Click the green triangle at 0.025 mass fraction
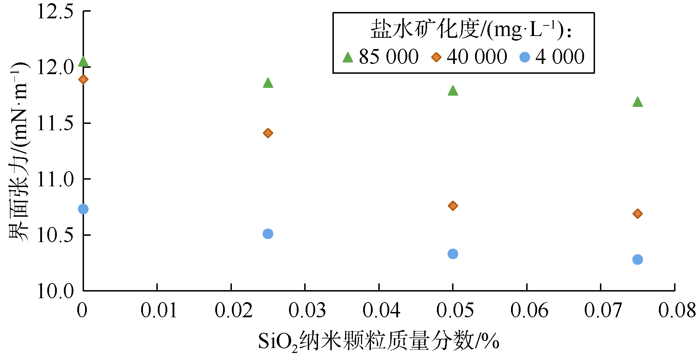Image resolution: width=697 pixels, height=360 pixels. (268, 83)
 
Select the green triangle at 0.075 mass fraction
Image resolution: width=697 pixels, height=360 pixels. (637, 102)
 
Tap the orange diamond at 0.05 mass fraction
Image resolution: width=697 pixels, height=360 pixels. (453, 206)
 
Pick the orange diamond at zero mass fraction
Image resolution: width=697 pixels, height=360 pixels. (83, 79)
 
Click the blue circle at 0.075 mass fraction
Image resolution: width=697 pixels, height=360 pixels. (637, 260)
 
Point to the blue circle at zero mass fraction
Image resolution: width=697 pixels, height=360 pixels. (83, 209)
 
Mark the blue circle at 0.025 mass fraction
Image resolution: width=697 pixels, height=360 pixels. (268, 234)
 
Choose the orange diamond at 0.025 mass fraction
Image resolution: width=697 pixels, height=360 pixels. (268, 133)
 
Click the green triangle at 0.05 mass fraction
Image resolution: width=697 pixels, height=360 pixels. (453, 91)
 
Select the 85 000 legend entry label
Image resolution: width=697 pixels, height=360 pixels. (389, 57)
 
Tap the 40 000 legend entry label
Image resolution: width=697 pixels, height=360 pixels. (477, 57)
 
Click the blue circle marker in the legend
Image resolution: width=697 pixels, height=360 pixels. (525, 57)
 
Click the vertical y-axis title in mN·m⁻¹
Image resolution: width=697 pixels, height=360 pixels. (19, 152)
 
